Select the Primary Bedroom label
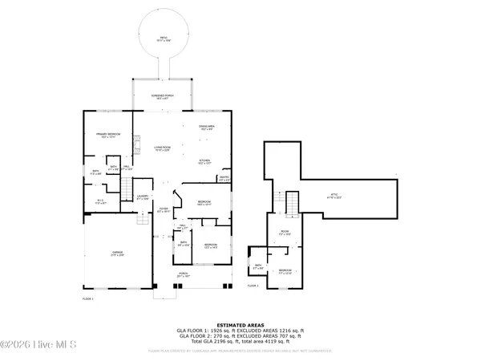pos(108,136)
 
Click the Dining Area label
pos(207,128)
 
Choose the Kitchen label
pos(205,161)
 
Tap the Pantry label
pos(225,179)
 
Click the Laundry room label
pos(143,198)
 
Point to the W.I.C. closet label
pos(101,202)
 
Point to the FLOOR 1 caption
pos(88,298)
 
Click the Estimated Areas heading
pos(240,324)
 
